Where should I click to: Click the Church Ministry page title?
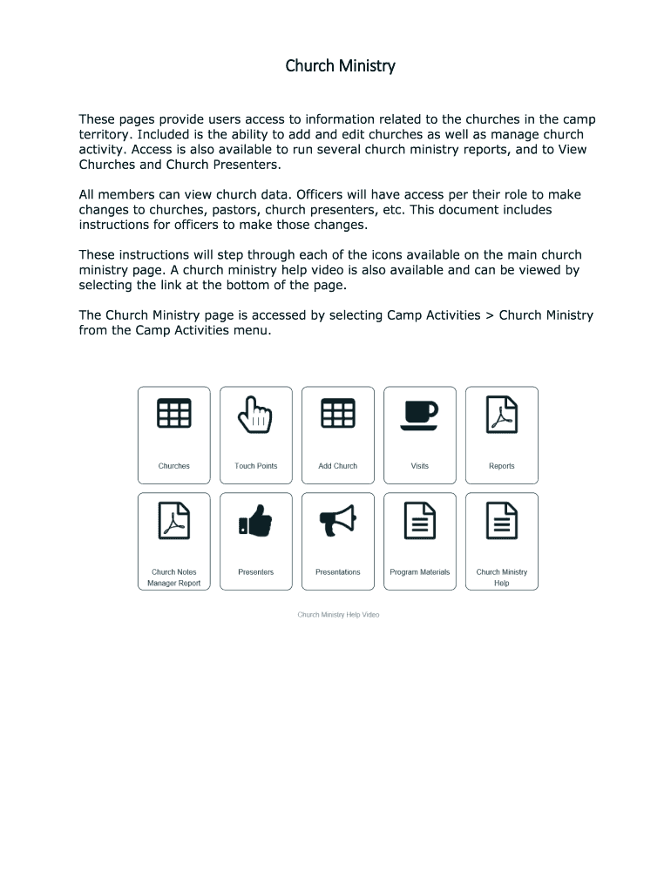341,66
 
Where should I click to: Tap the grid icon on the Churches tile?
174,413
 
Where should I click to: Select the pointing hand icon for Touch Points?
256,414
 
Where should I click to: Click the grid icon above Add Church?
338,413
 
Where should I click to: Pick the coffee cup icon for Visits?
419,414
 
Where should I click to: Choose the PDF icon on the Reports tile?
502,414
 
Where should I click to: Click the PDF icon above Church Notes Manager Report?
174,520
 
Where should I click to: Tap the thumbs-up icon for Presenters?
255,521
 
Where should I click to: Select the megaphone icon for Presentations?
338,520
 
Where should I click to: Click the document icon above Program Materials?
420,520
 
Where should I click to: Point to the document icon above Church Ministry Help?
502,520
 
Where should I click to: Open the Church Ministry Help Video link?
338,615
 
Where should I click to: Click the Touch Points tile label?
256,466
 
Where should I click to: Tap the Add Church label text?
338,466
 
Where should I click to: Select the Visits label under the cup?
420,466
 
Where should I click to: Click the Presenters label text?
256,572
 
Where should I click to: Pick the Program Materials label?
420,572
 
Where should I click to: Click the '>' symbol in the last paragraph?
490,315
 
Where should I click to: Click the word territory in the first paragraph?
104,135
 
